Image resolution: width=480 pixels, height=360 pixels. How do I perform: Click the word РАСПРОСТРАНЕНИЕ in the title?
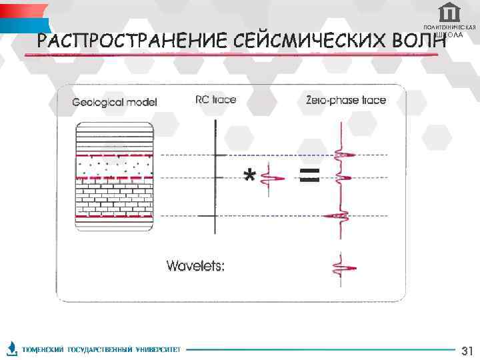134,41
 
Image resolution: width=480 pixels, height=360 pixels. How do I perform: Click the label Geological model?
115,102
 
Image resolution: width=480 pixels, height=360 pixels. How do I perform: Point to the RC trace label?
215,100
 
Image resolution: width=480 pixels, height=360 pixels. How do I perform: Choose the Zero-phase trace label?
345,101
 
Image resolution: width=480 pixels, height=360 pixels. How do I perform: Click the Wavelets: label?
195,266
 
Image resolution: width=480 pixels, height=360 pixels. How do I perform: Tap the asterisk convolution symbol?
249,176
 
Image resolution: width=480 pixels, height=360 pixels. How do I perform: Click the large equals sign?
309,175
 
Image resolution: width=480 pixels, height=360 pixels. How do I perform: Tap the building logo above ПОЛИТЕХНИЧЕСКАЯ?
449,12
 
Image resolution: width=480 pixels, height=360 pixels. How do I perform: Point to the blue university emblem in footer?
11,348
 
